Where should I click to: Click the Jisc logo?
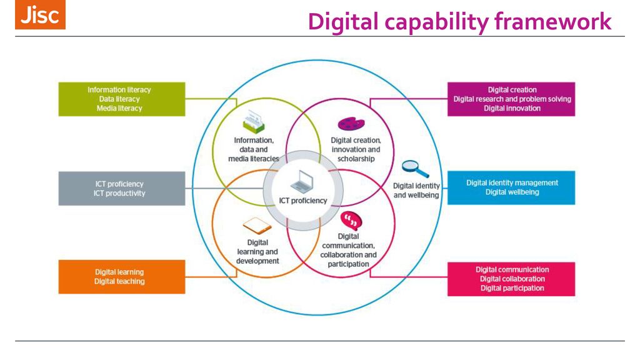[x=40, y=15]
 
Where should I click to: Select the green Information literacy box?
[x=122, y=99]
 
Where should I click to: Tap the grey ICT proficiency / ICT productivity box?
[x=122, y=188]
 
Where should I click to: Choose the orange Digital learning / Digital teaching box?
[x=122, y=277]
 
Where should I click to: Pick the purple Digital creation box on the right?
[x=511, y=99]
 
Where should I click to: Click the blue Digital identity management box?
[x=511, y=187]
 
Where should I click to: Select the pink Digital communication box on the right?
[x=511, y=279]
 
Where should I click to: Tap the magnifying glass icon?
[x=414, y=168]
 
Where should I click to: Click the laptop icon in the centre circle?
[x=303, y=181]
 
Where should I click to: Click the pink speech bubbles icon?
[x=351, y=221]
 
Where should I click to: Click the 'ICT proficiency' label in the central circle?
[x=303, y=201]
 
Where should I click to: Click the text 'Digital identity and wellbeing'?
[x=416, y=191]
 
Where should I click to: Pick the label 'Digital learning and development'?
[x=257, y=251]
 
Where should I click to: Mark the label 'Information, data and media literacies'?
[x=254, y=150]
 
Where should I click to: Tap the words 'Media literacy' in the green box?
[x=119, y=108]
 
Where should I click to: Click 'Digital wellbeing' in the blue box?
[x=512, y=192]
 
